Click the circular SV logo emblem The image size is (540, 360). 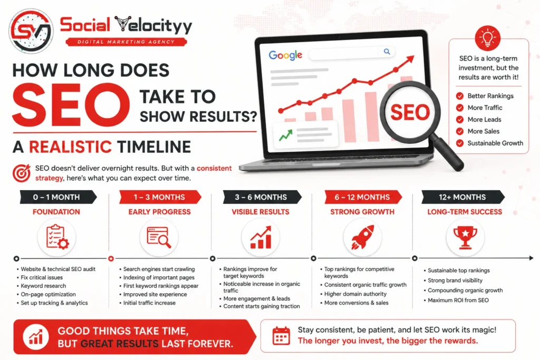31,31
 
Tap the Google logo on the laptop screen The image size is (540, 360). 285,55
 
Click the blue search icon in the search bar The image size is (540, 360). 387,52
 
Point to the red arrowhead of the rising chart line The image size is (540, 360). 410,60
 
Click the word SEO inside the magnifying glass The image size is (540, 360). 410,112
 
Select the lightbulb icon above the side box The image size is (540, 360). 488,37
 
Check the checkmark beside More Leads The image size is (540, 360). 460,120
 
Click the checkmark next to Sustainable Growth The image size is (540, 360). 460,143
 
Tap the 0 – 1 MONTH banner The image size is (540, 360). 58,197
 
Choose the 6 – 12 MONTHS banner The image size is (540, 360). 363,197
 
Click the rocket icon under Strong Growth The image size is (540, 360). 362,237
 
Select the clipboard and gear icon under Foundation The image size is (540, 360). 57,237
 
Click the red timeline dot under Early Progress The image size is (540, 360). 111,258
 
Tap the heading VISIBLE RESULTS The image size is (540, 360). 261,212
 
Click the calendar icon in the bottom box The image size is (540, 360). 281,336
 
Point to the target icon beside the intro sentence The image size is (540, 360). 21,173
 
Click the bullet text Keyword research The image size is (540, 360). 43,286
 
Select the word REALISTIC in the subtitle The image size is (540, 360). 70,147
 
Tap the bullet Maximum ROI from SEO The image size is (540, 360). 458,300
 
